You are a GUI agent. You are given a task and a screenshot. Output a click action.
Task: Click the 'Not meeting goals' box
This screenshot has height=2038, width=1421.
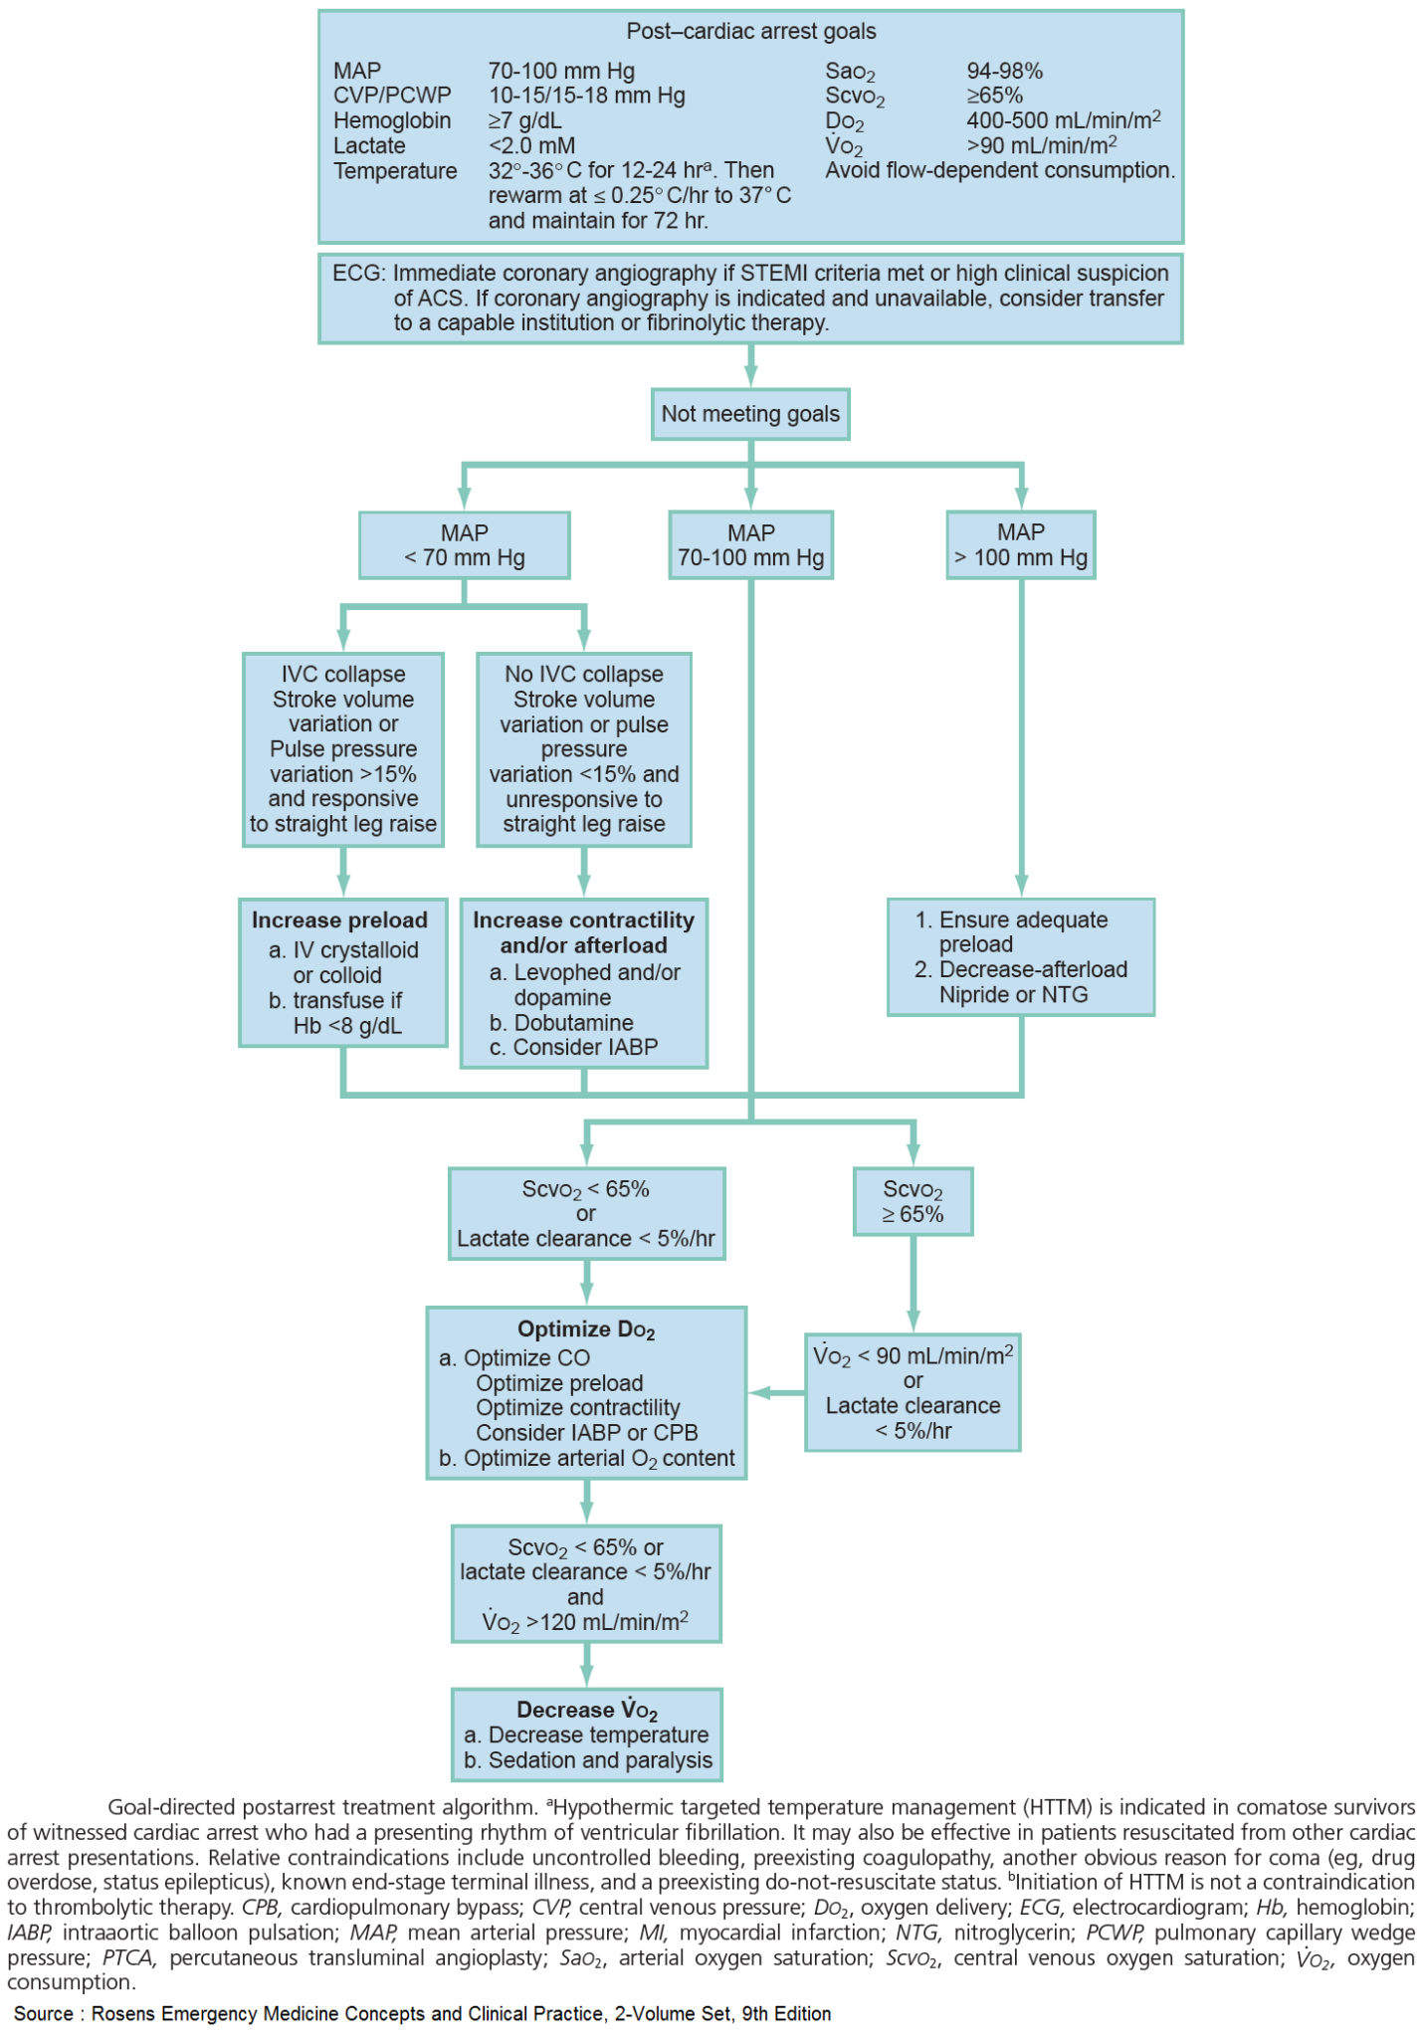point(750,414)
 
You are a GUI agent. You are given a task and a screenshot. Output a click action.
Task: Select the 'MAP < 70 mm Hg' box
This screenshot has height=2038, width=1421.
point(464,545)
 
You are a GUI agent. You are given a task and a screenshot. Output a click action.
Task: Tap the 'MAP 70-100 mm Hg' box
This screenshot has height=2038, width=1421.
point(750,545)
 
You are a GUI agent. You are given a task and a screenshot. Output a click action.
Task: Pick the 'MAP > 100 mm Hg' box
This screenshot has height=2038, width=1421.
point(1020,545)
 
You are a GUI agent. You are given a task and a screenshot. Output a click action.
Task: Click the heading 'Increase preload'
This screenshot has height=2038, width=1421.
point(339,920)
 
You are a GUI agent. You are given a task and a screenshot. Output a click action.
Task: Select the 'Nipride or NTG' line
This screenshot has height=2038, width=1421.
point(1013,994)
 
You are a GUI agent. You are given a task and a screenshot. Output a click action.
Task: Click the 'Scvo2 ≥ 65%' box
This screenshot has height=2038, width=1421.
point(913,1202)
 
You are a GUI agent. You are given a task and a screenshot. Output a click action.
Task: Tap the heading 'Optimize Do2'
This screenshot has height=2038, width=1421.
point(586,1330)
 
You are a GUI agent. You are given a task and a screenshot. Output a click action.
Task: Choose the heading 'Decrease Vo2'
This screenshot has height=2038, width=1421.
point(586,1711)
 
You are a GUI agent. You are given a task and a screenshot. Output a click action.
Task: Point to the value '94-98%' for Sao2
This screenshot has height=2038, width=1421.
point(1004,71)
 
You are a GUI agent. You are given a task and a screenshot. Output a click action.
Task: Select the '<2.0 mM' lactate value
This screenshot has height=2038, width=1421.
point(531,145)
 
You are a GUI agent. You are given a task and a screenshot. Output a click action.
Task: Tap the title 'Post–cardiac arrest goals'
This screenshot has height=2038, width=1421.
point(750,32)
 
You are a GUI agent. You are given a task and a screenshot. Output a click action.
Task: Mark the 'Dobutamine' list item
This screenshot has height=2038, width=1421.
point(573,1023)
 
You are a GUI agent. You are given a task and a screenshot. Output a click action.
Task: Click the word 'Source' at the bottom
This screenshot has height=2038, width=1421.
point(43,2013)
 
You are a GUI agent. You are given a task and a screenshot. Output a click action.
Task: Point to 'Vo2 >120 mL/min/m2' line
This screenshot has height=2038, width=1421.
point(585,1623)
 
